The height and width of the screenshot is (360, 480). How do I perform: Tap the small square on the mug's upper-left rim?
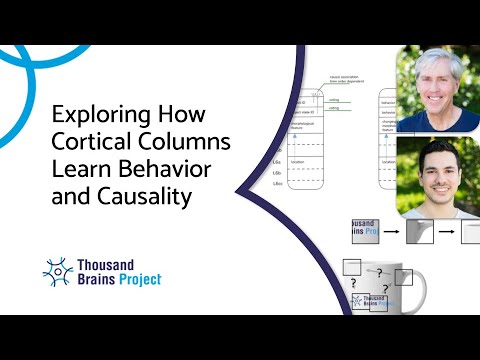(352, 267)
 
